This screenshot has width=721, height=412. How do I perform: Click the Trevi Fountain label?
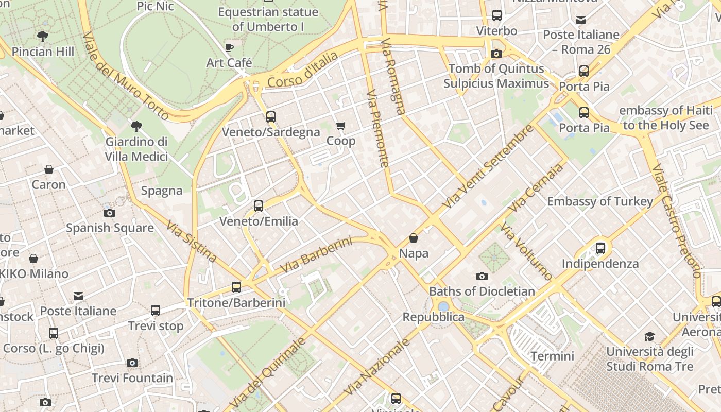(132, 378)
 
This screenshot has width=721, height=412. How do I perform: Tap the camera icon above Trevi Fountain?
(132, 363)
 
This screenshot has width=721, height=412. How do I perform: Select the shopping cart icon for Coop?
(340, 126)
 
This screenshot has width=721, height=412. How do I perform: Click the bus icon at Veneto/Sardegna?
(271, 117)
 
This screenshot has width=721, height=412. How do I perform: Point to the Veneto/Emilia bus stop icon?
(259, 206)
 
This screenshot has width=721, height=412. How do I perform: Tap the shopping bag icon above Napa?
(414, 238)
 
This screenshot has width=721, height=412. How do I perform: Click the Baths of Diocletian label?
(482, 291)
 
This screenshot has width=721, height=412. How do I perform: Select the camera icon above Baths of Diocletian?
(482, 277)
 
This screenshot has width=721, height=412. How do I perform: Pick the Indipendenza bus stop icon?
(600, 248)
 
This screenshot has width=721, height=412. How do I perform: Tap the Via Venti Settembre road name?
(488, 166)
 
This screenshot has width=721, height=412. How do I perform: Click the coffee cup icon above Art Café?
(229, 48)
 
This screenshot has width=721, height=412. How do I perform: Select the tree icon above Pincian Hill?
(43, 37)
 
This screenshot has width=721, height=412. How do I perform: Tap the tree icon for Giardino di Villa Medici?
(136, 126)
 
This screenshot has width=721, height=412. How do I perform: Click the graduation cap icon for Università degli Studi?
(649, 337)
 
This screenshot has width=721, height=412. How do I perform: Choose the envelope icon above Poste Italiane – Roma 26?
(581, 20)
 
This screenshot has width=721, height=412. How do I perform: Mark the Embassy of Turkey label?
(600, 201)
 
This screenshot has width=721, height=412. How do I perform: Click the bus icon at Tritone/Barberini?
(236, 287)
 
